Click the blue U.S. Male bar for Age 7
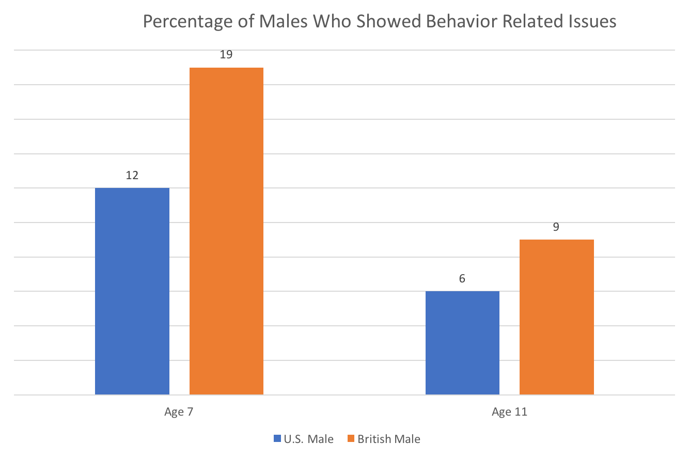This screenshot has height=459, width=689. coord(132,291)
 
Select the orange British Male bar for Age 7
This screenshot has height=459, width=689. coord(226,231)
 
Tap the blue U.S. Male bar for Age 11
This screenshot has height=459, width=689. coord(462,343)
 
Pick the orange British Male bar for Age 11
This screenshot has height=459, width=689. coord(556,317)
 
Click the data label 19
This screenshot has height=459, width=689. coord(226,54)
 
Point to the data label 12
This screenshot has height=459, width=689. coord(132,175)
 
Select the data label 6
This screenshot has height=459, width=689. coord(462,279)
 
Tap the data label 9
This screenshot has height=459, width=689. coord(556,227)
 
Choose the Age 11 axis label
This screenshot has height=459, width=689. coord(509,412)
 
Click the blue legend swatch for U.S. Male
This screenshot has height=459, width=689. coord(277,439)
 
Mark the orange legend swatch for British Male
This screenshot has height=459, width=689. coord(351,439)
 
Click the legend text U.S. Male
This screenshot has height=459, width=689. coord(308,439)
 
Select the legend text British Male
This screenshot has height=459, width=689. coord(389,439)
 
